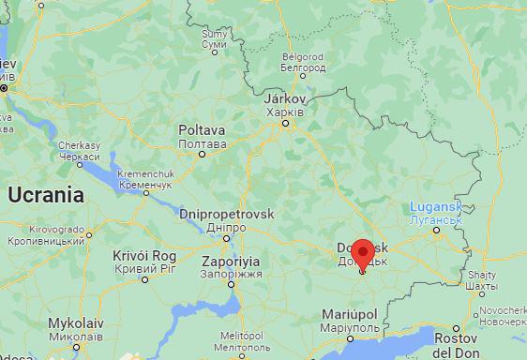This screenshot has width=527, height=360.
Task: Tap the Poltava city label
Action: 202,131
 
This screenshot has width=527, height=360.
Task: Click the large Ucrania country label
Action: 46,195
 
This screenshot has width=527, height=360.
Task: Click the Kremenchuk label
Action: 146,176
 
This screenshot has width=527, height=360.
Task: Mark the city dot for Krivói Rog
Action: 144,278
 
